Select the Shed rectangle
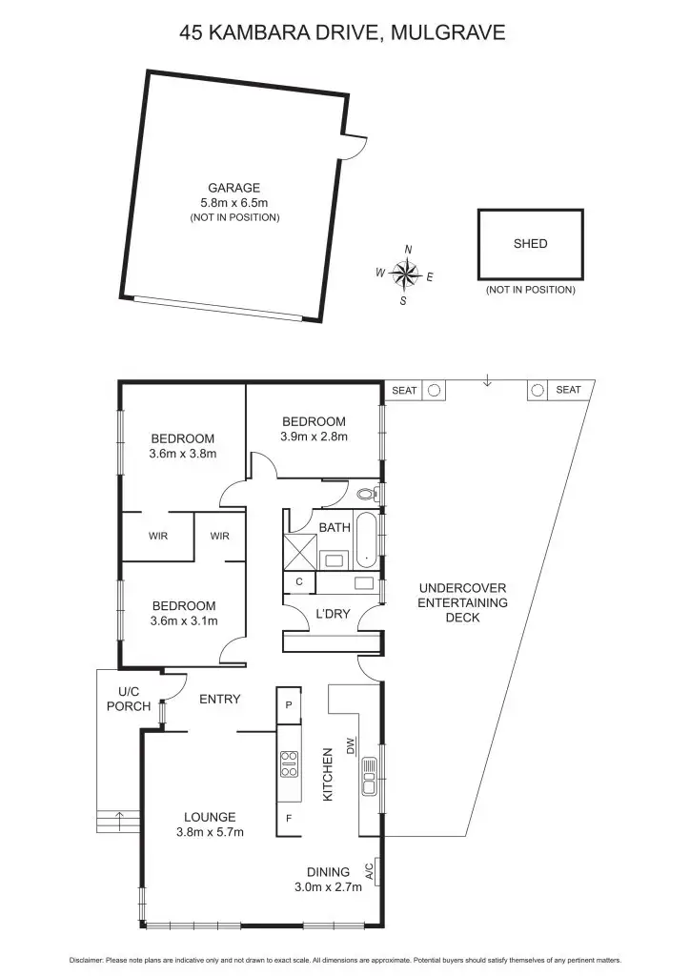pos(530,244)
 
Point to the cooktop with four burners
pos(289,764)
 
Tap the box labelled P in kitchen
pos(289,705)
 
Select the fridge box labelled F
pos(289,818)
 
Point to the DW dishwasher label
pos(350,745)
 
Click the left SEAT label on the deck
pos(405,390)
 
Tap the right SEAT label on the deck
pos(568,390)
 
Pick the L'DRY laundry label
pos(333,615)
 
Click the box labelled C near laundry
pos(298,581)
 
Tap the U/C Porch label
pos(129,699)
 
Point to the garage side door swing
pos(355,145)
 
